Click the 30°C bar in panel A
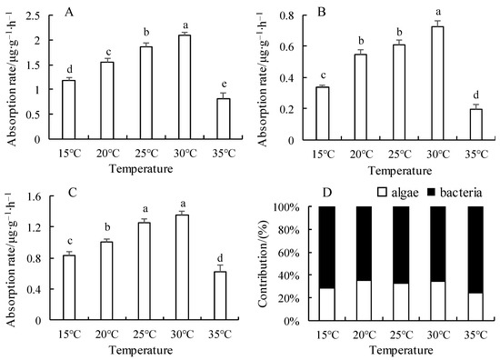[x=185, y=87]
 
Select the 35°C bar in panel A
[x=224, y=119]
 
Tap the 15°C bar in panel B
[x=323, y=114]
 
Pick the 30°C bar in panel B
[x=437, y=84]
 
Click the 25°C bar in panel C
[x=145, y=271]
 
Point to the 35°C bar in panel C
[x=220, y=295]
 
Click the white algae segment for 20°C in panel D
[x=364, y=301]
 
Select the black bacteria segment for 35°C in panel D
[x=475, y=250]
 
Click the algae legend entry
[x=397, y=193]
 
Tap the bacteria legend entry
[x=455, y=193]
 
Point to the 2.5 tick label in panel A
[x=36, y=15]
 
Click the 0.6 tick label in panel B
[x=287, y=46]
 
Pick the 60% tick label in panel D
[x=289, y=253]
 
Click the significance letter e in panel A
[x=224, y=85]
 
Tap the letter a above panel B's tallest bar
[x=438, y=12]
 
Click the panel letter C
[x=73, y=193]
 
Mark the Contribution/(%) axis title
[x=263, y=264]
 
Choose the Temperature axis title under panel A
[x=141, y=169]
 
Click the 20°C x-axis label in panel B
[x=361, y=155]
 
